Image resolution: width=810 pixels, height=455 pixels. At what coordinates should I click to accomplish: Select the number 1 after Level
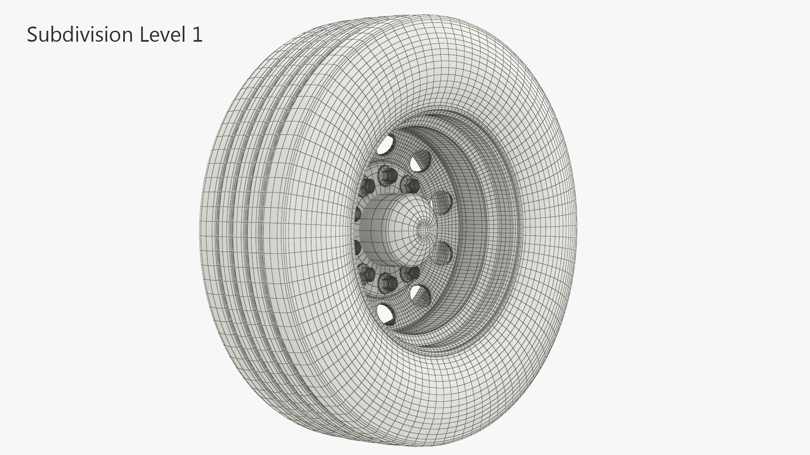coord(197,35)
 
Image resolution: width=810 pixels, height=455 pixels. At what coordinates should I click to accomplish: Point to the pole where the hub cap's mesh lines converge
coord(423,230)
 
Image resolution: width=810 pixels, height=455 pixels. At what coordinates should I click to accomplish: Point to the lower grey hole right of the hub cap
coord(442,254)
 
